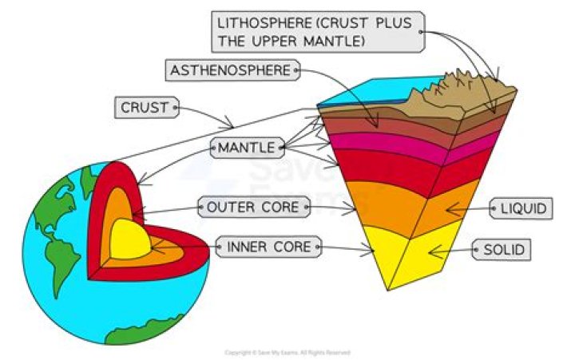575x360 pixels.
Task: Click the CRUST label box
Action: pyautogui.click(x=146, y=107)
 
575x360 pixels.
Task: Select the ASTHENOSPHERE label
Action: pyautogui.click(x=231, y=70)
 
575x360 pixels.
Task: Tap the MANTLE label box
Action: pyautogui.click(x=246, y=148)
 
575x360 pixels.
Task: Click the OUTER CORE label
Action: pyautogui.click(x=252, y=208)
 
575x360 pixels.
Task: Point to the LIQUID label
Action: pyautogui.click(x=523, y=209)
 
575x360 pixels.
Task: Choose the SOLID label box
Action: pyautogui.click(x=504, y=251)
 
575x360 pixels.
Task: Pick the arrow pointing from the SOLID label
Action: pyautogui.click(x=451, y=251)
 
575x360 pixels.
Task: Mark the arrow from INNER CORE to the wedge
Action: pyautogui.click(x=347, y=249)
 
